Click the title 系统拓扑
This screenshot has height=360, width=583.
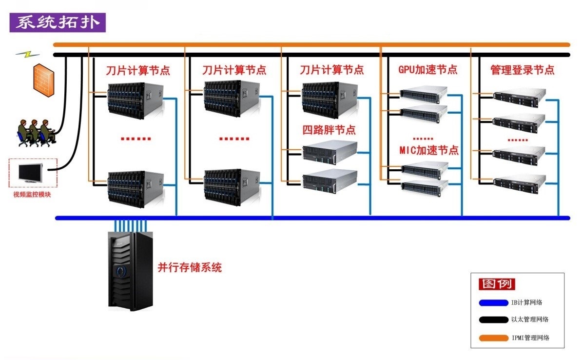pos(57,23)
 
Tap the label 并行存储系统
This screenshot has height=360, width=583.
pos(190,268)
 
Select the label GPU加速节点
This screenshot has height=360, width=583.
pos(428,69)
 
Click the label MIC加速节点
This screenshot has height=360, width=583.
pos(429,150)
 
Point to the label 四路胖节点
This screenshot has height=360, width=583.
pos(329,130)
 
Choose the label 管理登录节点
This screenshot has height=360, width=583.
pos(522,70)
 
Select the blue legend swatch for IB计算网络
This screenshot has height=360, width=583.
pos(493,302)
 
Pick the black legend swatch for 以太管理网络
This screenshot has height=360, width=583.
pos(493,320)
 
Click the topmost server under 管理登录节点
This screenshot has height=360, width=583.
pos(519,97)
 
